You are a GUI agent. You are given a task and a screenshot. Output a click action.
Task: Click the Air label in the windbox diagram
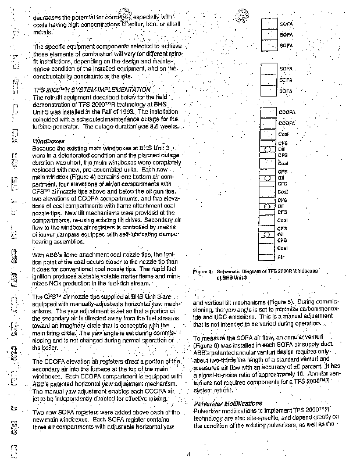(281, 256)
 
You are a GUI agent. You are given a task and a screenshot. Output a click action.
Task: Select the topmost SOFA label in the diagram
(286, 24)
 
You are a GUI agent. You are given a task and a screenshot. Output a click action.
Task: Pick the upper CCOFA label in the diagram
(287, 112)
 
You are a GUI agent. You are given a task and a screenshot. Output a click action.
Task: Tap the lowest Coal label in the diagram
(283, 248)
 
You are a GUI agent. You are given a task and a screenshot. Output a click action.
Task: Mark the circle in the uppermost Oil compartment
(268, 149)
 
